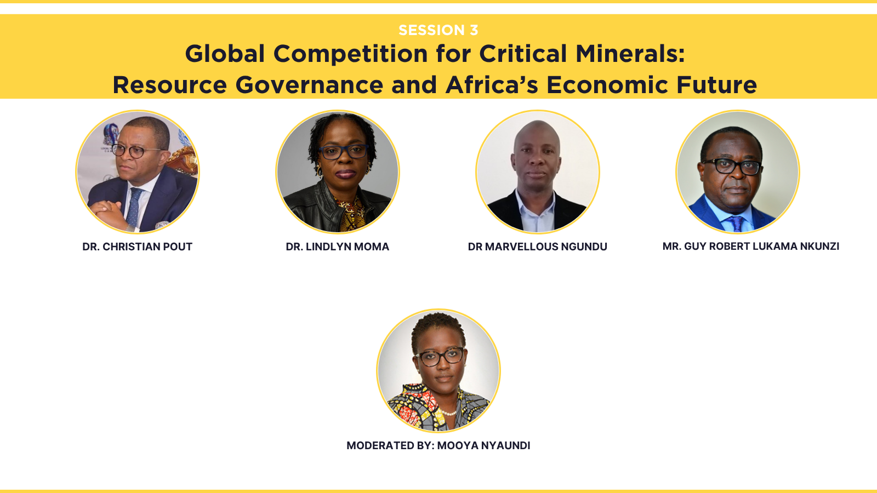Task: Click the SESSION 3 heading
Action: coord(438,30)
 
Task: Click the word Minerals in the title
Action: coord(630,54)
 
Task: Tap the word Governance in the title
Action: coord(309,85)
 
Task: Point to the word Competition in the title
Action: coord(350,54)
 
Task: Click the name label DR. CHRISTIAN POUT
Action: coord(138,246)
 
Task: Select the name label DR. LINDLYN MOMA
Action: coord(338,246)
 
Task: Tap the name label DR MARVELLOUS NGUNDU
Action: coord(538,246)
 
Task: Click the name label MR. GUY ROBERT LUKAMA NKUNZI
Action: coord(751,246)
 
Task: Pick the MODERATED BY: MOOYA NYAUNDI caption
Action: coord(438,445)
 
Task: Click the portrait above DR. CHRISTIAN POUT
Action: coord(138,172)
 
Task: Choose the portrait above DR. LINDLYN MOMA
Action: coord(338,172)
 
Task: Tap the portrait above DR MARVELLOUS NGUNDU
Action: coord(538,172)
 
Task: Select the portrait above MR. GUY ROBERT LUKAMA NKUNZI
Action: coord(738,172)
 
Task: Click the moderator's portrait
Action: coord(438,370)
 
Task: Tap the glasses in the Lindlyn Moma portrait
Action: coord(343,152)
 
